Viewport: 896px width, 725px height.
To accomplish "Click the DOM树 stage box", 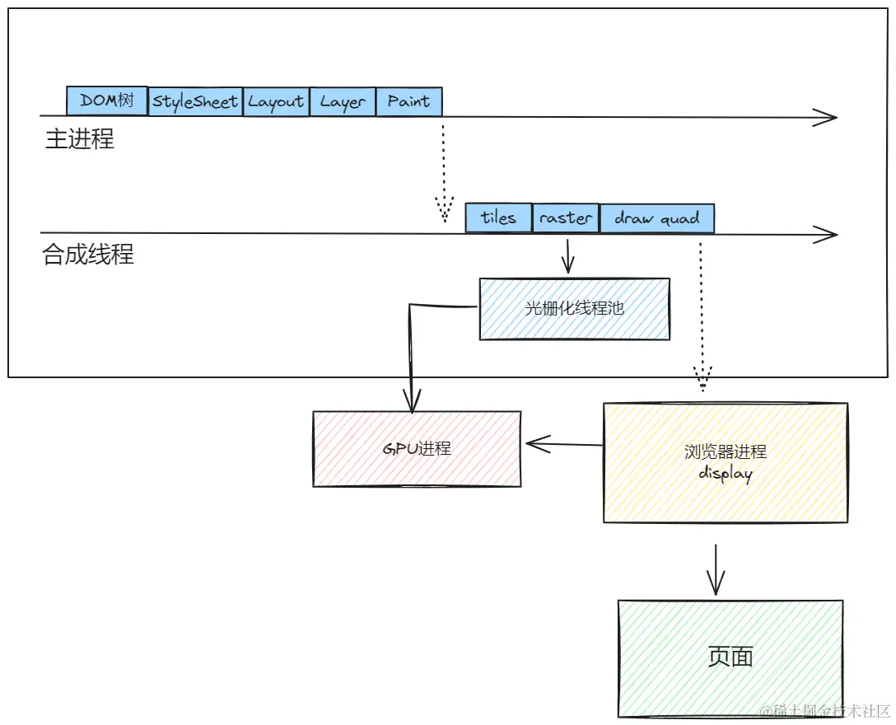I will pos(107,101).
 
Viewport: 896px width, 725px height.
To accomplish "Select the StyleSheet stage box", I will pos(195,101).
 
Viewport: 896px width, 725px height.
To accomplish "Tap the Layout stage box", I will pos(276,101).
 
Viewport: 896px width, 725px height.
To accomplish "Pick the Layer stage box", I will pos(343,101).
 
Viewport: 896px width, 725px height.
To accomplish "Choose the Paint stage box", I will pos(408,101).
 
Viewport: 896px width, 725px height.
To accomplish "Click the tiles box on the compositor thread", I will pos(498,218).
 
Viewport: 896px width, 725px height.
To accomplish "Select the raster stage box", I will pos(566,218).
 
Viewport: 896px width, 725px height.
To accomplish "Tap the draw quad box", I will pos(656,218).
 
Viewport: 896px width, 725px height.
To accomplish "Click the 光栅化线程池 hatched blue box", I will pos(574,309).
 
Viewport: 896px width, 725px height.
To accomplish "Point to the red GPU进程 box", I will pos(417,449).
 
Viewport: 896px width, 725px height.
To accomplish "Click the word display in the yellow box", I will pos(725,474).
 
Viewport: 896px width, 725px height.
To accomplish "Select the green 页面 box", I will pos(730,657).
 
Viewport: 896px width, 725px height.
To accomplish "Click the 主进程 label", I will pos(80,139).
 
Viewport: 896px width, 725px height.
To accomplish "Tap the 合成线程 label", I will pos(88,255).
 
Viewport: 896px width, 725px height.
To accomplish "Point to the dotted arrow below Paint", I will pos(444,173).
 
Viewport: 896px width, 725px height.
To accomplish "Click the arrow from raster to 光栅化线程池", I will pos(567,255).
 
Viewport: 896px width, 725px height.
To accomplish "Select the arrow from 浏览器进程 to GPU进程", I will pos(564,445).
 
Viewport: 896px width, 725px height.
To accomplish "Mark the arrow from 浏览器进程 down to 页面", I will pos(716,568).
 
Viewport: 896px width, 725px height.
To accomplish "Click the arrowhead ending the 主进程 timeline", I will pos(826,117).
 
